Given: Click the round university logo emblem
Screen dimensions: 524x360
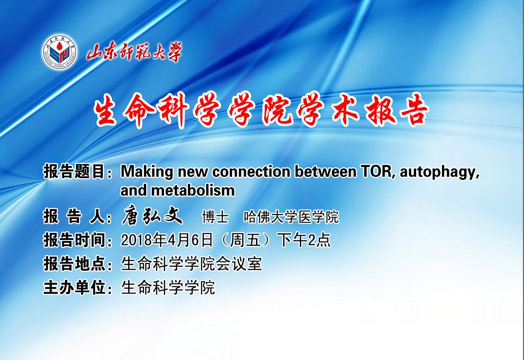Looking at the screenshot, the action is [x=60, y=52].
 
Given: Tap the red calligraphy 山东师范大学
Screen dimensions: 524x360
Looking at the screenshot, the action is [x=134, y=52].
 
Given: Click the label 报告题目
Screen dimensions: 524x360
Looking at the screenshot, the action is [x=74, y=172].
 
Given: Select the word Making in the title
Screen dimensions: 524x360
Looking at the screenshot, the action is [x=147, y=172].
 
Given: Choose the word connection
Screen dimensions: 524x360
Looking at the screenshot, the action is [x=251, y=172].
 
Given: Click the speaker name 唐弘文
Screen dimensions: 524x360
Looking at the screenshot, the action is [x=152, y=216].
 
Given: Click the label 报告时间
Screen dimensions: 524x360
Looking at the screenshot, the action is [x=74, y=240].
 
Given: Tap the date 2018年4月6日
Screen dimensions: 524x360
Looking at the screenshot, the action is [x=167, y=240].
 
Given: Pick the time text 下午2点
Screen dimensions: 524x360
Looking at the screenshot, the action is [x=305, y=240].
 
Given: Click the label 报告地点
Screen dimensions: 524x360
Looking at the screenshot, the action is [x=74, y=264].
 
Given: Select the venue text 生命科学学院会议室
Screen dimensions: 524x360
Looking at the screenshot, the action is [x=191, y=264].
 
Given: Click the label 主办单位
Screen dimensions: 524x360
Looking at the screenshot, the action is [x=74, y=288].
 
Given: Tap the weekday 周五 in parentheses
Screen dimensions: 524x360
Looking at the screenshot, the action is [x=245, y=240].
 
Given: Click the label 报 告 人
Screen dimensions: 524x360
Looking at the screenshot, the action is [x=74, y=216].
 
